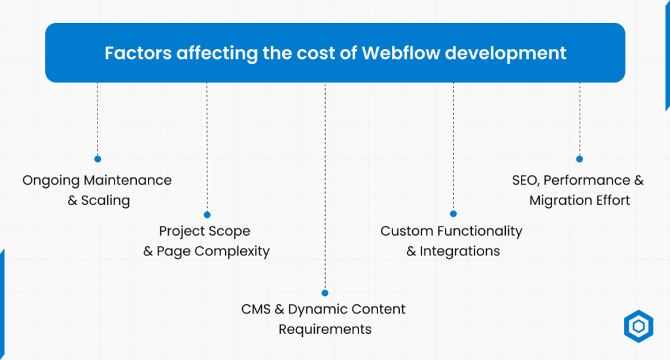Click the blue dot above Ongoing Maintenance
(97, 158)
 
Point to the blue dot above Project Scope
(207, 215)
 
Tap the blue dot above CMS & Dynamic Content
(325, 293)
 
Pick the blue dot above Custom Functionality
(453, 214)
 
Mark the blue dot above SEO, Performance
(579, 158)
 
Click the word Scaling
(105, 200)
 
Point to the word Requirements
(325, 329)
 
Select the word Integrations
(460, 251)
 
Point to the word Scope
(228, 231)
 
